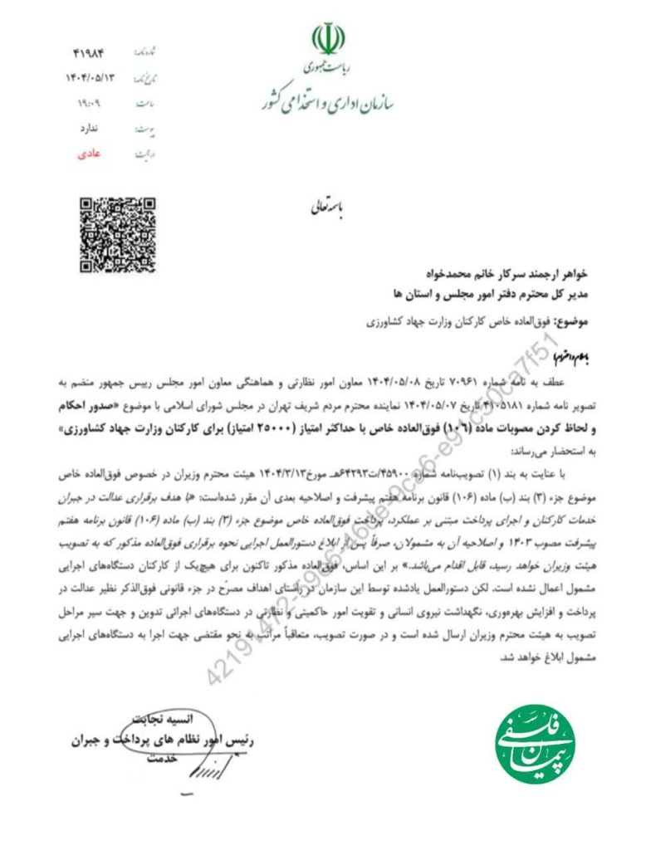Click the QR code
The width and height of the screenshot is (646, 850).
(x=116, y=235)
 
